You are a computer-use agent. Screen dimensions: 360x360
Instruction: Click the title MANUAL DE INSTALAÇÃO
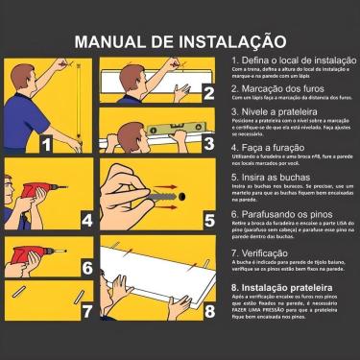coord(180,41)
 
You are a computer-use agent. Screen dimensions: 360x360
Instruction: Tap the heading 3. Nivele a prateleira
coord(276,111)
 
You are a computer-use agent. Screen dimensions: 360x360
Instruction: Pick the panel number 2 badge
coord(208,93)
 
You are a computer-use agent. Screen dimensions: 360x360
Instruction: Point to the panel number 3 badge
coord(208,143)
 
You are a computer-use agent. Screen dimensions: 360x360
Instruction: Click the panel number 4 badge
coord(87,220)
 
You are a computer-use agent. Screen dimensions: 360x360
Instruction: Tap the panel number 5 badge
coord(208,220)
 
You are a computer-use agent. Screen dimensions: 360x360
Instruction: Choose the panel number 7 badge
coord(87,311)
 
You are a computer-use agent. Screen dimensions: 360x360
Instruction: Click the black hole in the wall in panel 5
coord(181,191)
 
